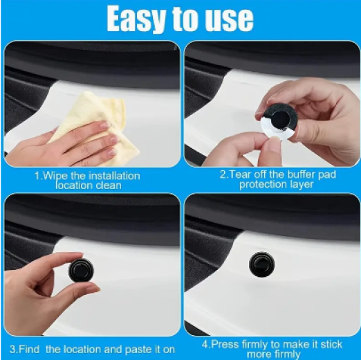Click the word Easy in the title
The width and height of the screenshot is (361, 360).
point(137,19)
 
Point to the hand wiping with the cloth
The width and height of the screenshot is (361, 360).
point(62,143)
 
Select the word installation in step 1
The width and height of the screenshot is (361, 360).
point(114,176)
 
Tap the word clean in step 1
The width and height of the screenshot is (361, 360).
point(109,186)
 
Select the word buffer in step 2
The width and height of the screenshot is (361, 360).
point(302,174)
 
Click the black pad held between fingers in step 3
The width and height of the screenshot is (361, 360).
point(81,270)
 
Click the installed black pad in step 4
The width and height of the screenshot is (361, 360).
point(262,264)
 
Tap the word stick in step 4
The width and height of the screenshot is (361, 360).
point(331,345)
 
